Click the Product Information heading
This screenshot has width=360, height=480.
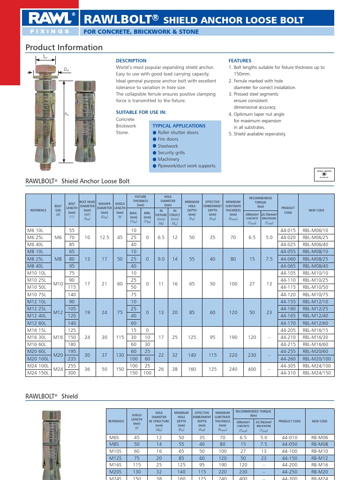[64, 47]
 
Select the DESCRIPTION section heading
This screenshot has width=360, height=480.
[131, 61]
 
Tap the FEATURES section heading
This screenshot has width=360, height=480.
[240, 61]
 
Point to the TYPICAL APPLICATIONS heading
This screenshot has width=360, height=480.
[179, 126]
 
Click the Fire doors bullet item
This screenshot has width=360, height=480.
[168, 139]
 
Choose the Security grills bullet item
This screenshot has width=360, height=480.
[171, 153]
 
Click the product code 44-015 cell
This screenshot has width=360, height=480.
[288, 231]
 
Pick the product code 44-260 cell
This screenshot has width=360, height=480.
[288, 359]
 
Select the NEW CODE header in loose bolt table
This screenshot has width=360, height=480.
[316, 210]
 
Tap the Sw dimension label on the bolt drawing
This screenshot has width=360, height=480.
[45, 57]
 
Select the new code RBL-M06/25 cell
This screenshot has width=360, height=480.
[316, 238]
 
